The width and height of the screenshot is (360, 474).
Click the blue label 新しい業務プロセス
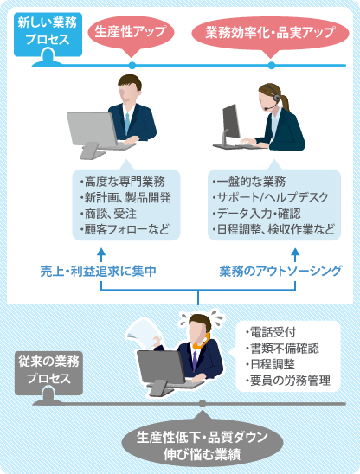48,35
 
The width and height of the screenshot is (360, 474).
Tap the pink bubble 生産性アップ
131,33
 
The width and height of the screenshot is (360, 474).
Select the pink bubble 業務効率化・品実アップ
270,34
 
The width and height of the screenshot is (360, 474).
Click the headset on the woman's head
273,96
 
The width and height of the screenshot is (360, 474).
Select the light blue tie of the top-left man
127,124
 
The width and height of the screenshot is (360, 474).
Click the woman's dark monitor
231,122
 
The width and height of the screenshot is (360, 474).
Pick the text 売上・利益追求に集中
99,271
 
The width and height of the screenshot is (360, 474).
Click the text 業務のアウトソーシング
280,271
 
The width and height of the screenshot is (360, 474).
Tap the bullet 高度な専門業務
123,182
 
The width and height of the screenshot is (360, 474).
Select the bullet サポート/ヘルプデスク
271,197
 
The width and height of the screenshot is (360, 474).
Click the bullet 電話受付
271,332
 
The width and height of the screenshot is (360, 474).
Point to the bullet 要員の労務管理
288,381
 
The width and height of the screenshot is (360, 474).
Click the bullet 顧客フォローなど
125,229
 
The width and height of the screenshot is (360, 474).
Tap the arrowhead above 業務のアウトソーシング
295,251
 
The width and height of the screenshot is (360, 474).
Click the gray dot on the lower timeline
202,404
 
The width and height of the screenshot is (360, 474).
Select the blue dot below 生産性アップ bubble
132,65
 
